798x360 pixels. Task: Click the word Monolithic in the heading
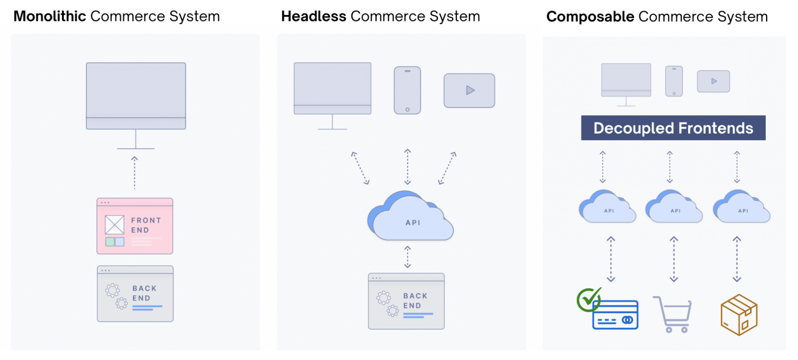point(50,16)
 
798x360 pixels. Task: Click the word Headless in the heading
point(314,16)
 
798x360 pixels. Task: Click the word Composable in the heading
point(590,17)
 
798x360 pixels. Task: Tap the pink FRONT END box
point(135,226)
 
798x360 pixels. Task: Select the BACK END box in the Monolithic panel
point(135,294)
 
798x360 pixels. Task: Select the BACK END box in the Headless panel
point(406,301)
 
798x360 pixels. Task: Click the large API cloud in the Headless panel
point(411,219)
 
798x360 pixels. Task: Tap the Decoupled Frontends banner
point(673,128)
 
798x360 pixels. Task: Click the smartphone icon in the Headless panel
point(407,91)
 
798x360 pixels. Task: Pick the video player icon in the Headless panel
point(469,91)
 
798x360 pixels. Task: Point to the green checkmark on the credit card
point(588,299)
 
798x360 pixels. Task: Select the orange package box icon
point(739,315)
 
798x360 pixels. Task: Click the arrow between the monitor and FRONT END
point(135,173)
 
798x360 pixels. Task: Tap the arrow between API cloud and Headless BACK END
point(407,257)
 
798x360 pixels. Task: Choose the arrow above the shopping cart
point(674,259)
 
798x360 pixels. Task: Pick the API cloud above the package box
point(741,208)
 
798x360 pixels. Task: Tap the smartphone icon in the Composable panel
point(674,81)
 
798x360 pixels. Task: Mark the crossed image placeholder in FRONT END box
point(115,225)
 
